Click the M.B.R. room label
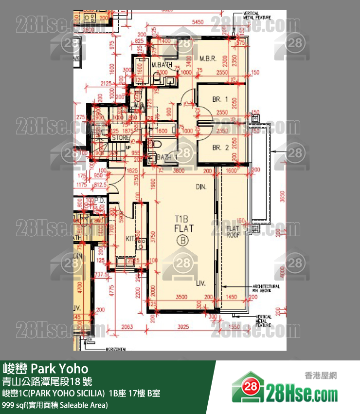(x=208, y=59)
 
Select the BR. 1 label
(x=220, y=99)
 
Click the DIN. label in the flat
(x=201, y=187)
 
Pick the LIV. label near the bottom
(x=201, y=283)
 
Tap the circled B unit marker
(x=184, y=240)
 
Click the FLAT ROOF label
(x=233, y=231)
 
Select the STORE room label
(x=120, y=138)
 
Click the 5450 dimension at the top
(x=198, y=22)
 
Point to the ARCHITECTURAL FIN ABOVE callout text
(x=266, y=288)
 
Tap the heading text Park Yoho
(x=46, y=367)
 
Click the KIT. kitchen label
(x=130, y=239)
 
